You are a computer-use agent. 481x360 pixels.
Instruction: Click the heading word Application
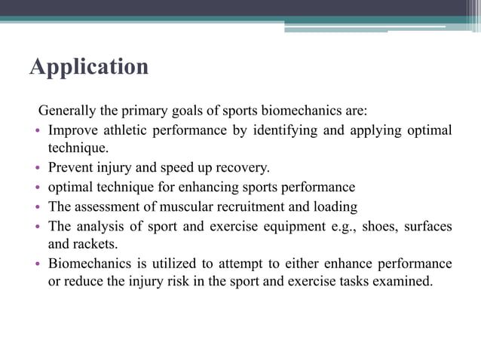(x=89, y=68)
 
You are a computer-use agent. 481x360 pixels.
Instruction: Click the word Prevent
(x=72, y=167)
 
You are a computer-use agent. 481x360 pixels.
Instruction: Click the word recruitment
(x=240, y=206)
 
